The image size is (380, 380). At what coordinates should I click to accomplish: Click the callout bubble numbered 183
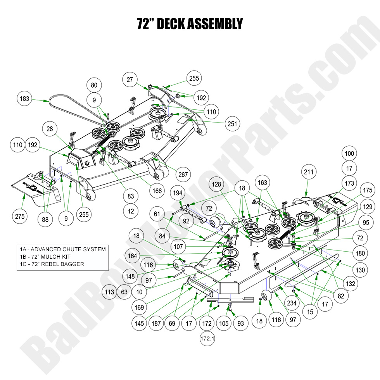(24, 99)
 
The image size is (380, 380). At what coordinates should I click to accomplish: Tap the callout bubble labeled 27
(130, 80)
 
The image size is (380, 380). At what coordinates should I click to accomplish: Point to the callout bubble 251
(232, 124)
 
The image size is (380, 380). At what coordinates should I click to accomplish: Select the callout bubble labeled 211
(309, 172)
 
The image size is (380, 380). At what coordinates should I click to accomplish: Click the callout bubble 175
(367, 191)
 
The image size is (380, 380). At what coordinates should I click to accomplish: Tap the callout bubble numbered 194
(178, 193)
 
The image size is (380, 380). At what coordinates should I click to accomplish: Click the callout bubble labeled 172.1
(207, 339)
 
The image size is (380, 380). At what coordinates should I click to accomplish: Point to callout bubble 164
(133, 256)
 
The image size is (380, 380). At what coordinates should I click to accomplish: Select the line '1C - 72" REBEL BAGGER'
(52, 264)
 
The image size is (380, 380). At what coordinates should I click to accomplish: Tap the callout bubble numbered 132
(350, 284)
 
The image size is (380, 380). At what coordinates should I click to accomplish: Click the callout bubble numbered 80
(94, 85)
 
